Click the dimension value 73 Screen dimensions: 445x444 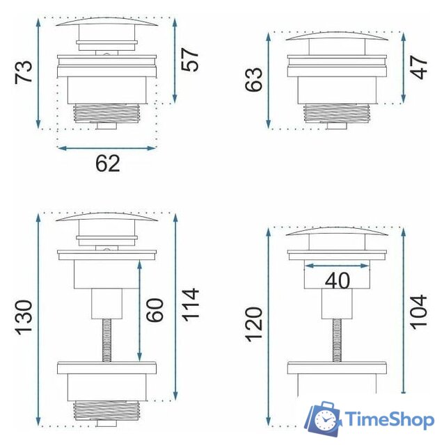(x=24, y=72)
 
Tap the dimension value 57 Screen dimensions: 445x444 (x=189, y=60)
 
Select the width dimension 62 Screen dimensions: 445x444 (x=108, y=164)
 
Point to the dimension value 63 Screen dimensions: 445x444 (x=254, y=79)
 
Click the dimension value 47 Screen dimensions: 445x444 (x=419, y=67)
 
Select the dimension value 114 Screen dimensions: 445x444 (x=189, y=305)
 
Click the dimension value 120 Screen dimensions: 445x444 (x=254, y=324)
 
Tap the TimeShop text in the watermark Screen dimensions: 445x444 (x=391, y=420)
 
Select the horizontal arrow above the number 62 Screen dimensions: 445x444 (x=108, y=147)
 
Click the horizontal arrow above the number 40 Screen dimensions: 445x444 (x=338, y=265)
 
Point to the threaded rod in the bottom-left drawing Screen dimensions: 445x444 (x=108, y=341)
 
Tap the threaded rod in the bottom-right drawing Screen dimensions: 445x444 (x=336, y=341)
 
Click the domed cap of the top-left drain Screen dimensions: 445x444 (x=108, y=22)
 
